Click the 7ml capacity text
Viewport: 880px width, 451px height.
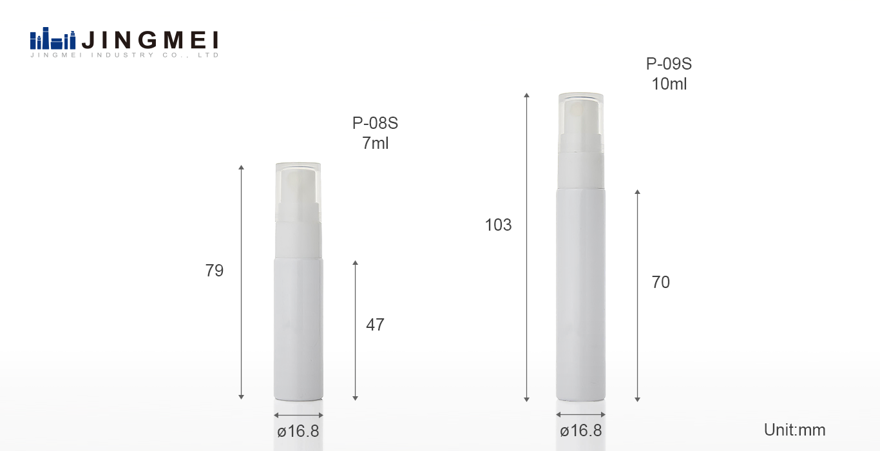375,143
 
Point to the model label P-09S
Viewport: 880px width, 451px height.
669,64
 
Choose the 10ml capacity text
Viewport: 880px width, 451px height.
669,84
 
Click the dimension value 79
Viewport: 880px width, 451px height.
215,271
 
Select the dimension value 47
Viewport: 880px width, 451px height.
375,325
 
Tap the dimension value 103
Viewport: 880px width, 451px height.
498,225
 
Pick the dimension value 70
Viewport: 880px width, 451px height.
660,282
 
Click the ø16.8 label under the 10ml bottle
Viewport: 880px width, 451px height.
580,431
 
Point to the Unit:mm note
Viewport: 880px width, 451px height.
794,430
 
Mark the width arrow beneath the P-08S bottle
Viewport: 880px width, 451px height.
298,415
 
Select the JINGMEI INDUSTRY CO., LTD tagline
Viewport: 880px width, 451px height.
125,55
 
